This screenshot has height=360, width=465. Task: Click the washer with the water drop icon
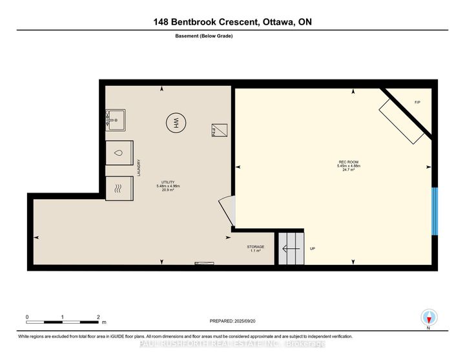click(x=118, y=154)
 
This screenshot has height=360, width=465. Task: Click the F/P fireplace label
click(x=417, y=103)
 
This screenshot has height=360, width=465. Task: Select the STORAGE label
click(x=255, y=247)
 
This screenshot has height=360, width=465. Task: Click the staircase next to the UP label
click(x=290, y=248)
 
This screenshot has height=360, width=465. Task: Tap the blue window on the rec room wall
click(x=435, y=211)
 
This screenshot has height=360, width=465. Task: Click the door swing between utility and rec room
click(x=226, y=211)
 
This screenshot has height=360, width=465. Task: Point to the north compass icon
click(x=429, y=317)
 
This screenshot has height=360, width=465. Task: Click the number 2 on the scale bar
click(x=98, y=317)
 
